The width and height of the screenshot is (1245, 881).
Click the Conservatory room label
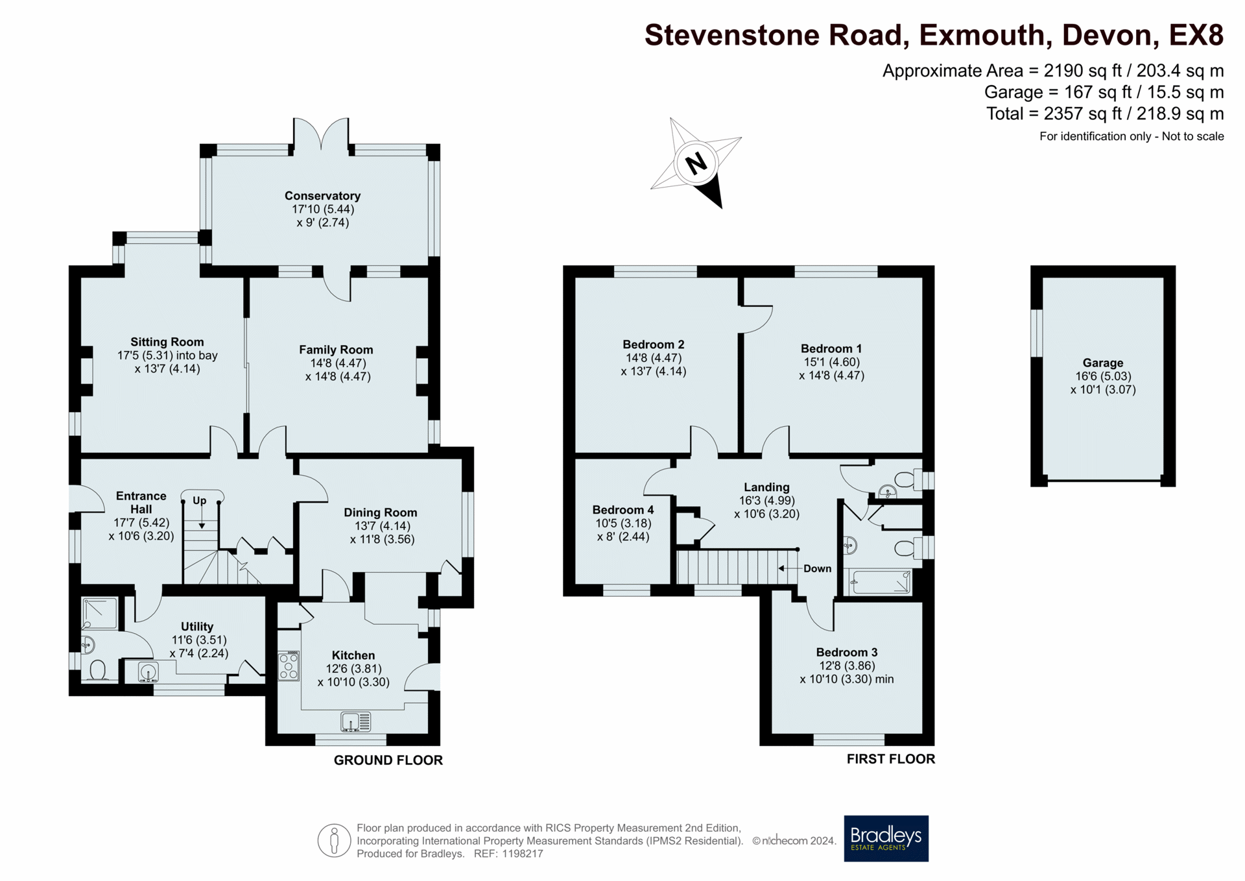[x=322, y=196]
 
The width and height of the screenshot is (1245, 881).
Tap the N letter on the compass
[x=696, y=163]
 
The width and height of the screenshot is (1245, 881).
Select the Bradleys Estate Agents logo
[x=886, y=838]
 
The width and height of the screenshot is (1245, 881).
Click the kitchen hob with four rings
[x=289, y=666]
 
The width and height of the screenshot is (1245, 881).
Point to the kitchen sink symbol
[x=356, y=721]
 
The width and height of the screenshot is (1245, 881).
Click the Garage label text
[x=1102, y=363]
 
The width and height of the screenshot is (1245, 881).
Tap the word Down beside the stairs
[x=817, y=568]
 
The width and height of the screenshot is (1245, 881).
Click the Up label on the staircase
[x=199, y=500]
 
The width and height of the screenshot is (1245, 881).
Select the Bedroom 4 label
[x=622, y=510]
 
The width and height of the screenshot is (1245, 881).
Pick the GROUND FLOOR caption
[x=388, y=760]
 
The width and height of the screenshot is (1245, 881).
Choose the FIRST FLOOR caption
[x=890, y=759]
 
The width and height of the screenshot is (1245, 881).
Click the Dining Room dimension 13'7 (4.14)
[x=382, y=526]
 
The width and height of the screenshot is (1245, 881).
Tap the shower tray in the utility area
[x=100, y=613]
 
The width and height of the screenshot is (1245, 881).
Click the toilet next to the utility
[x=98, y=670]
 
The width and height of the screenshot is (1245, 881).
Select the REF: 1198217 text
[x=508, y=854]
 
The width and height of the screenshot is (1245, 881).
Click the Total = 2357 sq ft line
[x=1104, y=114]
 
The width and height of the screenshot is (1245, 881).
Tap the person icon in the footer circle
[x=334, y=841]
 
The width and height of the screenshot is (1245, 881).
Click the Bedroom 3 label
[x=846, y=652]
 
